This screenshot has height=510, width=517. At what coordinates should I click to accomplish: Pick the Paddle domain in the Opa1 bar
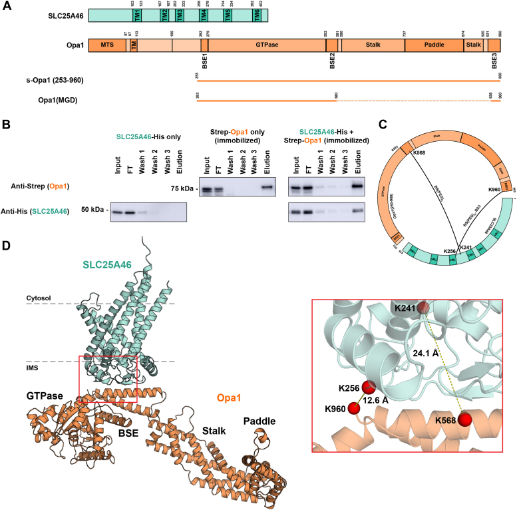(433, 45)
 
